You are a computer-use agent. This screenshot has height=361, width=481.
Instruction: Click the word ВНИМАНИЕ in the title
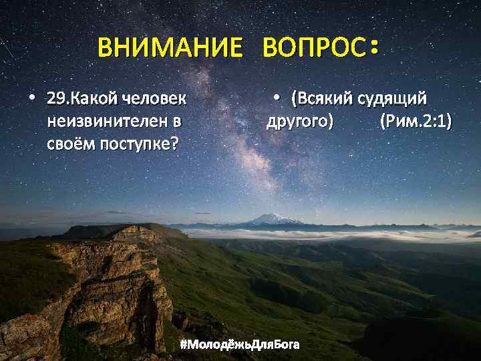coord(170,48)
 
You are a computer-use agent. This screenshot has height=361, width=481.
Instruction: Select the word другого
coord(300,122)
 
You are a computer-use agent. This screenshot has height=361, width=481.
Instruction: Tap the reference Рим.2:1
coord(415,122)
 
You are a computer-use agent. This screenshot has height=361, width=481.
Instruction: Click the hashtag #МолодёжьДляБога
coord(240,345)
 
